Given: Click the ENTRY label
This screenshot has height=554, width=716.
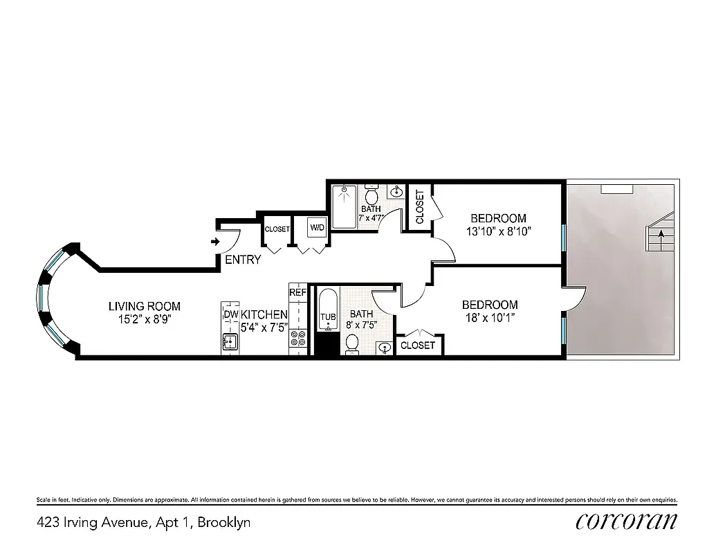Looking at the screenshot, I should point(243,260).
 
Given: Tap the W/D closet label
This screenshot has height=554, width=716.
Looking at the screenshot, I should point(318,228).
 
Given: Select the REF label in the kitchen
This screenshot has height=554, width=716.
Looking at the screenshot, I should point(297,292).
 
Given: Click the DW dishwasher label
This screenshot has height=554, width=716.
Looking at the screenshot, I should point(230,315).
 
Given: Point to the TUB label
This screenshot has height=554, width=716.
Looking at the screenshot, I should point(327,318).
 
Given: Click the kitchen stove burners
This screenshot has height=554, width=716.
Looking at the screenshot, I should point(298,339).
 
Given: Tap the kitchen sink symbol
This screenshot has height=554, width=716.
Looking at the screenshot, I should point(230,341).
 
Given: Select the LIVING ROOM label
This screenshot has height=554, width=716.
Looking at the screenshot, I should point(145,306).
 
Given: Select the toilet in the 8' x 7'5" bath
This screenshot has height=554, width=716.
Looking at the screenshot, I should point(352,343).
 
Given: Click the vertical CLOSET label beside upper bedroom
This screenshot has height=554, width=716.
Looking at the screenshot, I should point(420,207).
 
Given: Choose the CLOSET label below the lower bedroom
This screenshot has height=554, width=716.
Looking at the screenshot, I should point(418,345).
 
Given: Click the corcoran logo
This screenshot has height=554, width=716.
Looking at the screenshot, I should point(626,521).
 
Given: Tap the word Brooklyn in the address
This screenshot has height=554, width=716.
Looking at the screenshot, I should point(224,522).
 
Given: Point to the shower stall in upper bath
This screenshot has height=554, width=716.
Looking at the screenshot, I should point(344,206).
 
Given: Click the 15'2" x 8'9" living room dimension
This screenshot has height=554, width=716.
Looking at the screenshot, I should point(145,319).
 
